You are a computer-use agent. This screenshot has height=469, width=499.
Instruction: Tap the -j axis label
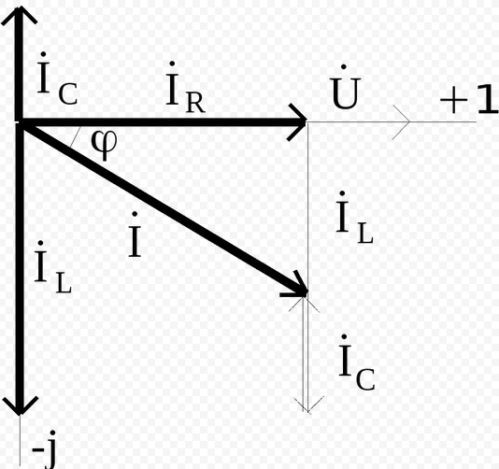click(x=44, y=449)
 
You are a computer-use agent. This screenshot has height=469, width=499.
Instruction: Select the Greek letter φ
click(x=104, y=145)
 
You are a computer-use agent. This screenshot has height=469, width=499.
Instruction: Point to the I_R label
click(x=186, y=88)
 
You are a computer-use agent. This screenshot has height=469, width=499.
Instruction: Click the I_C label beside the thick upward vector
click(x=57, y=78)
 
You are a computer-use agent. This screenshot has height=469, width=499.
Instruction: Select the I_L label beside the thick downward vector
click(x=53, y=266)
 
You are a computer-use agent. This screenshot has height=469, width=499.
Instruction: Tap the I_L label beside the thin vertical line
click(x=354, y=218)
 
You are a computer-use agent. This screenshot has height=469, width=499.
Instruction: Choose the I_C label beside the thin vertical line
click(x=356, y=362)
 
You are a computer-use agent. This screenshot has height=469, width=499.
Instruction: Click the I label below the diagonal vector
click(x=135, y=234)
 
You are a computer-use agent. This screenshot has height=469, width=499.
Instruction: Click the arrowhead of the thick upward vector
click(x=20, y=15)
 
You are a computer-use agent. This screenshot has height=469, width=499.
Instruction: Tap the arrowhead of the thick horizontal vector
click(x=297, y=121)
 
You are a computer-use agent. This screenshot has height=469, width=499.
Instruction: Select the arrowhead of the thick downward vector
click(x=20, y=405)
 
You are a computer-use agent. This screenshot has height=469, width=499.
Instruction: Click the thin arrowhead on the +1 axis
click(x=401, y=121)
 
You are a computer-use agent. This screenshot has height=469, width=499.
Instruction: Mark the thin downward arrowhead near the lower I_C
click(x=308, y=405)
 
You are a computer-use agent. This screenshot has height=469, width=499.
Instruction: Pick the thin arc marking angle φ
click(x=75, y=136)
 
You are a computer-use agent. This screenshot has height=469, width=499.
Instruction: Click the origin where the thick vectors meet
click(x=20, y=122)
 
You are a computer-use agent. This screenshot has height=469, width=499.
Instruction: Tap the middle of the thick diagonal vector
click(x=163, y=206)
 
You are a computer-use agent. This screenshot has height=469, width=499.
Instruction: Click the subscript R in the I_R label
click(x=195, y=103)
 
